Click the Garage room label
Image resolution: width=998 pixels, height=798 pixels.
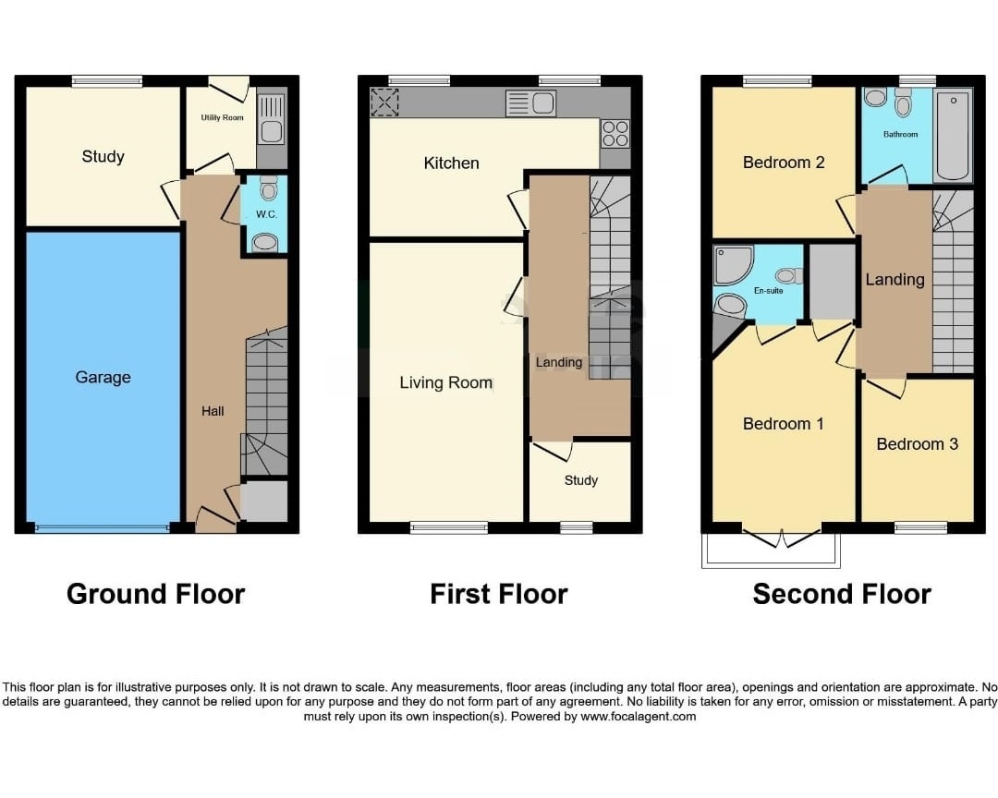click(103, 378)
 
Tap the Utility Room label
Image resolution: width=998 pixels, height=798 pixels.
click(222, 117)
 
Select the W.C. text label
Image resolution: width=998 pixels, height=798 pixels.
click(267, 214)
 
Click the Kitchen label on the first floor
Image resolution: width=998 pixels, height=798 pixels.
click(451, 163)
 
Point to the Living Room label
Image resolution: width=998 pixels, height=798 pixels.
click(446, 382)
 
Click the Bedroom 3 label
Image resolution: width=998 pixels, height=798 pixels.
click(918, 444)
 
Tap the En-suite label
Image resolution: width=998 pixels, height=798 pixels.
click(768, 291)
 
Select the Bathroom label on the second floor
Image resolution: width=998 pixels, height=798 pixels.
click(901, 134)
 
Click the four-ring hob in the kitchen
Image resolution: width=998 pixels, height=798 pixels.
click(615, 134)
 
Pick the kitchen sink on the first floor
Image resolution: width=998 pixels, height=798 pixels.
click(530, 103)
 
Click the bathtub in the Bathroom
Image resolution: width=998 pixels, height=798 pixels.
click(953, 135)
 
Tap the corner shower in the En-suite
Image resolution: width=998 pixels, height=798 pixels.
click(733, 265)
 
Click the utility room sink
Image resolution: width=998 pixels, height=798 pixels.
click(272, 120)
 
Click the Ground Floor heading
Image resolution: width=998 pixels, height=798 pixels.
click(156, 595)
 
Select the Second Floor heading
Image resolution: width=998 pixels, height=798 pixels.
click(842, 595)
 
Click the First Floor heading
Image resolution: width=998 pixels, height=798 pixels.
click(499, 595)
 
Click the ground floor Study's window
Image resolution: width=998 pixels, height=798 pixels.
click(107, 81)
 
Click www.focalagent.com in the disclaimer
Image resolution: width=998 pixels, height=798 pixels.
click(639, 717)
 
